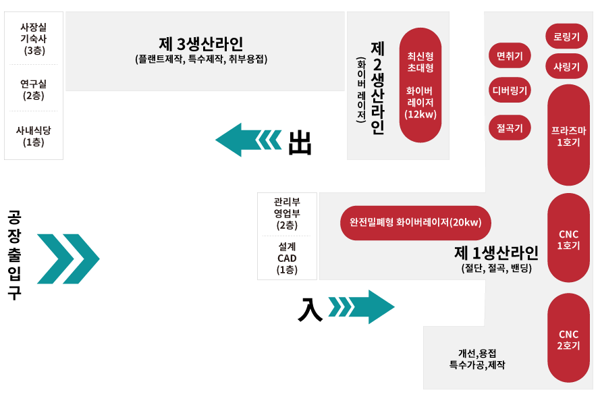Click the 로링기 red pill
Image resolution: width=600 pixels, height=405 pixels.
(x=566, y=36)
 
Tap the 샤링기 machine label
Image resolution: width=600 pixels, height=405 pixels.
(x=566, y=66)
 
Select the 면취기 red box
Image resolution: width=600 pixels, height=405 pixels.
(x=510, y=55)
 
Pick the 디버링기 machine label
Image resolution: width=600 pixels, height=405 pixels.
(x=510, y=89)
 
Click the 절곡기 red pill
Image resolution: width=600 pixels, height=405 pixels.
(x=510, y=127)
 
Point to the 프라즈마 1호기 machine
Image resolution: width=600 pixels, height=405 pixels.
(x=568, y=135)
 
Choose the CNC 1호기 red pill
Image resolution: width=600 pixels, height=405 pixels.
(x=568, y=238)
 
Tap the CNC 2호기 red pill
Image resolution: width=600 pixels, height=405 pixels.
(x=568, y=339)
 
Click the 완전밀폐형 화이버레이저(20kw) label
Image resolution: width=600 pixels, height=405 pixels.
(x=415, y=223)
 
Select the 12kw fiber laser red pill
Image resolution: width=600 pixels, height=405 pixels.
(x=420, y=85)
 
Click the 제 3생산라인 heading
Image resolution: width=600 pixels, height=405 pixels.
(x=201, y=44)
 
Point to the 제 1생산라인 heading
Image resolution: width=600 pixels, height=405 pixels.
(x=496, y=253)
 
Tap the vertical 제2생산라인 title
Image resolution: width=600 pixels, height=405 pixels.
(x=377, y=88)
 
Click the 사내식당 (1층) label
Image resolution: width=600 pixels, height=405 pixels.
(x=34, y=136)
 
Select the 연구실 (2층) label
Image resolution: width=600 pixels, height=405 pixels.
(x=34, y=89)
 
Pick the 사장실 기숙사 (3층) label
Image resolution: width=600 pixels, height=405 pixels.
(x=34, y=38)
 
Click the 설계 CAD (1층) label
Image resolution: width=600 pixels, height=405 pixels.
(x=287, y=258)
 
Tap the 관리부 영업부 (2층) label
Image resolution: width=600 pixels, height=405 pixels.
(x=287, y=213)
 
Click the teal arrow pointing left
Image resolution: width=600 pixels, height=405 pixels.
(x=248, y=140)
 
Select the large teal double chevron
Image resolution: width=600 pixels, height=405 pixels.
(x=67, y=259)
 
